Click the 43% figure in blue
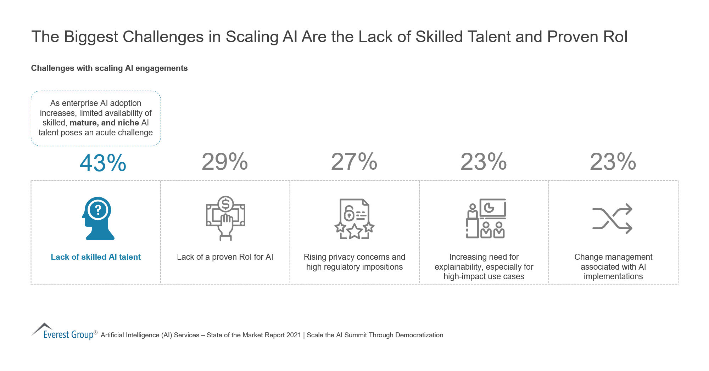(103, 163)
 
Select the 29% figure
(225, 162)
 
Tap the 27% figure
(354, 162)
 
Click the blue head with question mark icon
(98, 218)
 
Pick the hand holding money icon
(225, 218)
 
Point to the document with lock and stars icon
(354, 219)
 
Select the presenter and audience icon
(486, 218)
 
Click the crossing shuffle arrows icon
(612, 219)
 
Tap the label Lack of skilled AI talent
(96, 257)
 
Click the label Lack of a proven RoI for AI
(225, 257)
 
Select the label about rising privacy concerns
(354, 262)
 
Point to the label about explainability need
(484, 266)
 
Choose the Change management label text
(613, 266)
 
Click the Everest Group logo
(64, 332)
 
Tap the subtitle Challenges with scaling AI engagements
(109, 68)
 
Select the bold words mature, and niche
(104, 123)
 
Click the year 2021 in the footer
(294, 335)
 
